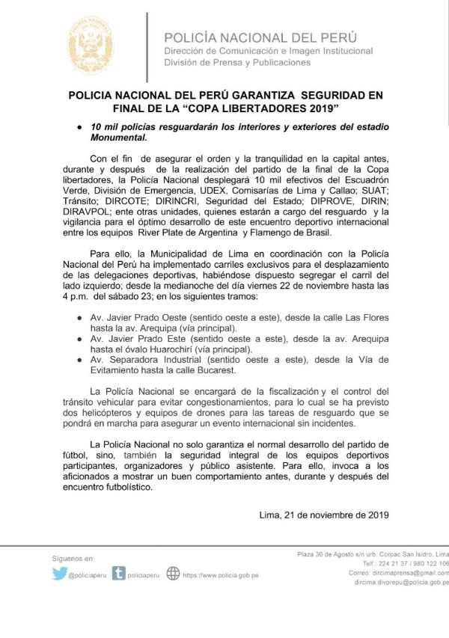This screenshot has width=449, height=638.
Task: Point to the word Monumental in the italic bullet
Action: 120,138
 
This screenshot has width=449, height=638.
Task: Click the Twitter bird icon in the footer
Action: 59,574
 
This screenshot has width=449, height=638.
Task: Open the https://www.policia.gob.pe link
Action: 223,575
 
